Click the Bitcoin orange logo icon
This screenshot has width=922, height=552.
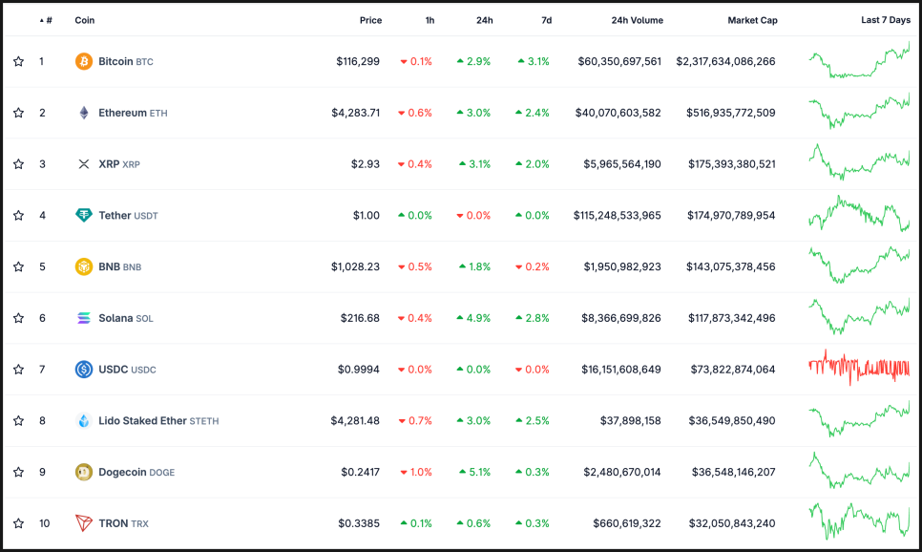[84, 61]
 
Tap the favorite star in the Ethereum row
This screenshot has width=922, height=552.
[18, 113]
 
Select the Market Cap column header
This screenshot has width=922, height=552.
[752, 20]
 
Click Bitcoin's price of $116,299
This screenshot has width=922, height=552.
[358, 61]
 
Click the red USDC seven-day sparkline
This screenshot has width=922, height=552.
[859, 368]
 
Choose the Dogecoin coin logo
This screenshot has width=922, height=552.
[84, 472]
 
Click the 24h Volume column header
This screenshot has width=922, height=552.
[638, 20]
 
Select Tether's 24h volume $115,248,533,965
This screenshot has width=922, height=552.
[617, 216]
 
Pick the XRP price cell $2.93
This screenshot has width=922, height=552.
[366, 164]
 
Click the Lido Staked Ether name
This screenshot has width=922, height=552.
[141, 420]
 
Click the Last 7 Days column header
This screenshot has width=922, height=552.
[885, 20]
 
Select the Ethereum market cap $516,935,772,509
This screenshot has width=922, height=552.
[730, 113]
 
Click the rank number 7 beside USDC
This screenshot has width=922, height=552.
[42, 370]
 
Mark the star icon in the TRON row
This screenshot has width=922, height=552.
[18, 523]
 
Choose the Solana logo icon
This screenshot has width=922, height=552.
[84, 318]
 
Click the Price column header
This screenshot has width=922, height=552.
[370, 20]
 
